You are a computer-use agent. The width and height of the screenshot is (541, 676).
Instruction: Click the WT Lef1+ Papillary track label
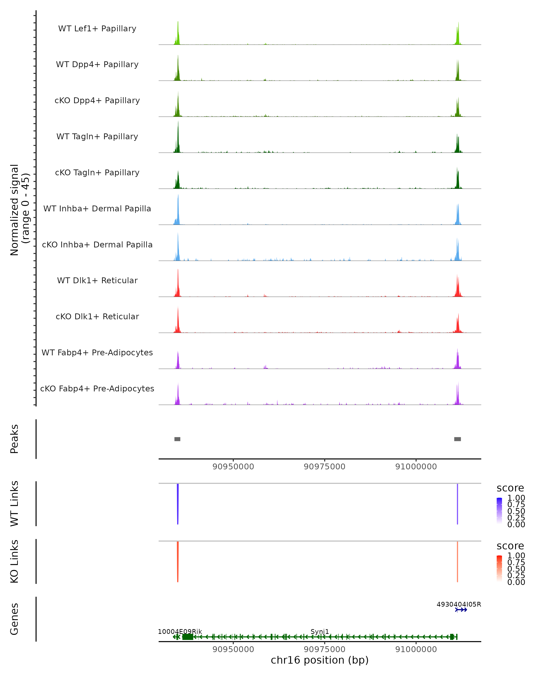97,29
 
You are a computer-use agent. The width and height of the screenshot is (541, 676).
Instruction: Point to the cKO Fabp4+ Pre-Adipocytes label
97,388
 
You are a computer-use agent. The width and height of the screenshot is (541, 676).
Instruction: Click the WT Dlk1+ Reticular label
97,280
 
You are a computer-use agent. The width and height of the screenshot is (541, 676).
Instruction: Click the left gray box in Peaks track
177,439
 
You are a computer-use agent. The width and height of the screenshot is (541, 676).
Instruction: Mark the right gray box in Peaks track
458,439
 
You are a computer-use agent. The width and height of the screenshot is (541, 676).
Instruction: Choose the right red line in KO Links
458,562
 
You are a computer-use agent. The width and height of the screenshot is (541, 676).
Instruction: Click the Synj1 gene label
320,631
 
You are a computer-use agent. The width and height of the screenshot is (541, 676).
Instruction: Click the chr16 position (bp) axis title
320,660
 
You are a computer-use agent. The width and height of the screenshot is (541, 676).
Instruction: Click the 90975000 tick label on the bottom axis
324,649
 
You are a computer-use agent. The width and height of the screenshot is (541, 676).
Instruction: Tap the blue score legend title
510,488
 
